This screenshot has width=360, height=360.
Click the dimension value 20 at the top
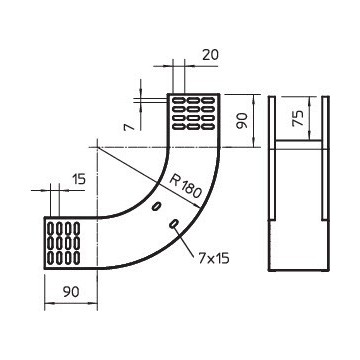click(x=210, y=55)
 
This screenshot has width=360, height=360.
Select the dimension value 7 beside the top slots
click(x=128, y=127)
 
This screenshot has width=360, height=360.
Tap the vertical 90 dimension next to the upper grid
click(x=242, y=120)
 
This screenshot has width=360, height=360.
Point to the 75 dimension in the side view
click(x=298, y=118)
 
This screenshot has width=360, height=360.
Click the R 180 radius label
click(x=186, y=186)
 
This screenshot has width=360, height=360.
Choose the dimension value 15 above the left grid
click(x=79, y=179)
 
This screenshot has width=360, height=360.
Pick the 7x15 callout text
click(x=214, y=258)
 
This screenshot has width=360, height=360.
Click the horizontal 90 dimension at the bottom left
click(x=71, y=292)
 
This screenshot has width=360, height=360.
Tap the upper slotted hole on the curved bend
click(x=156, y=206)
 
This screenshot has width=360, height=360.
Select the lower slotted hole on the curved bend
click(x=174, y=224)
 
